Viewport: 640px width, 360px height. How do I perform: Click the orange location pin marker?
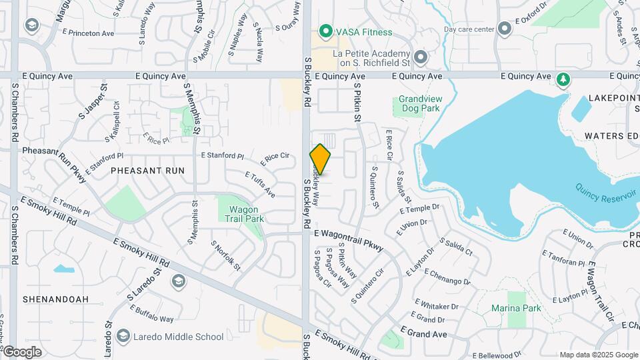(x=321, y=159)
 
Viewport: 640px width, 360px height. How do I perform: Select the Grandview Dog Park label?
(x=419, y=103)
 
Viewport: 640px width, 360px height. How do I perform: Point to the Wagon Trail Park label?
(x=241, y=213)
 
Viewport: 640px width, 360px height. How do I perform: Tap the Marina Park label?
(x=516, y=308)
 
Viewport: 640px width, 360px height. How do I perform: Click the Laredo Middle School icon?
(x=123, y=337)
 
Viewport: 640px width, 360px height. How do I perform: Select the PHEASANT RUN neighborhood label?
(x=147, y=171)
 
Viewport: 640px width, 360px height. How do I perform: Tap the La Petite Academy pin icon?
(x=421, y=58)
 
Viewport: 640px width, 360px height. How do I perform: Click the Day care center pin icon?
(x=505, y=29)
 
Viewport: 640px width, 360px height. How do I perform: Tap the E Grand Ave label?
(x=424, y=331)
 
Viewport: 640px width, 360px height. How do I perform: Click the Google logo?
(x=21, y=352)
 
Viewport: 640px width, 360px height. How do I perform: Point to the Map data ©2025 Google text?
(x=598, y=355)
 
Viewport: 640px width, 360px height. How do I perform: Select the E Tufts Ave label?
(x=260, y=185)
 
